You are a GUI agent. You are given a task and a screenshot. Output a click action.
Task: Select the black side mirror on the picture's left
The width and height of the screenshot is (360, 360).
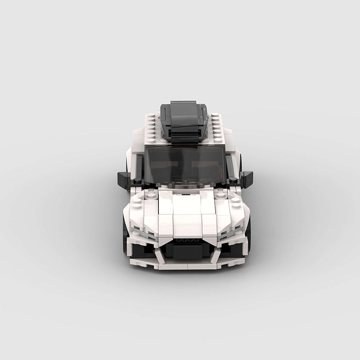(x=124, y=179)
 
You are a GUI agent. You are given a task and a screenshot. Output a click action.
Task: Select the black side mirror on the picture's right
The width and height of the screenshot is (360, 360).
(x=247, y=179)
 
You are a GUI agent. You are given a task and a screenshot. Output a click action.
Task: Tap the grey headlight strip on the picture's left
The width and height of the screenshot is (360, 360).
(x=143, y=234)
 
